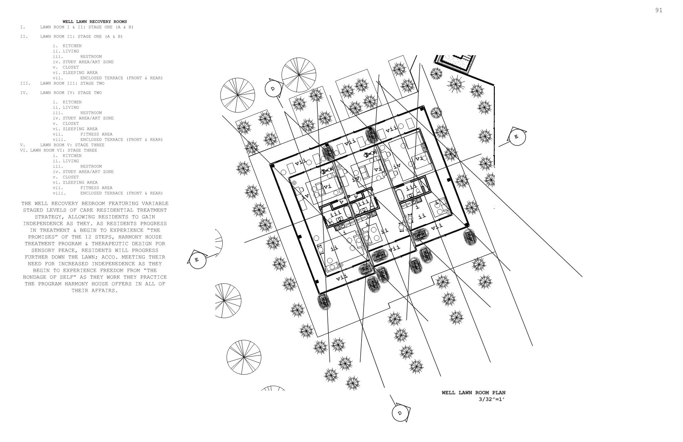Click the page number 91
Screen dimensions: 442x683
(x=659, y=10)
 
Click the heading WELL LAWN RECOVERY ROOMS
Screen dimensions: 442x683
(x=95, y=22)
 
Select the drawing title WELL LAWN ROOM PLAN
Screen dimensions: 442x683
(x=473, y=393)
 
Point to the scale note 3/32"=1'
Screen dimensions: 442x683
(x=491, y=399)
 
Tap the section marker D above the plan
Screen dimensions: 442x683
(x=273, y=89)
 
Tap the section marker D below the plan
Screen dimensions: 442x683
(x=400, y=413)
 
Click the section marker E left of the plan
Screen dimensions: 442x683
(x=197, y=260)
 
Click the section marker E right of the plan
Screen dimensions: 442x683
(x=516, y=137)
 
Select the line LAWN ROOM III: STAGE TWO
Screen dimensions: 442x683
(x=72, y=83)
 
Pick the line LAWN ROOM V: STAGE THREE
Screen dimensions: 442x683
(x=72, y=145)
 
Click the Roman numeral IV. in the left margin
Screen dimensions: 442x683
(x=24, y=93)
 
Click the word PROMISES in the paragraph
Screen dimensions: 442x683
(x=41, y=237)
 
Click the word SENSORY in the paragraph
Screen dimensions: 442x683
(x=45, y=250)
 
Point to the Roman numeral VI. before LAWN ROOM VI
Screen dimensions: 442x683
(x=23, y=150)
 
